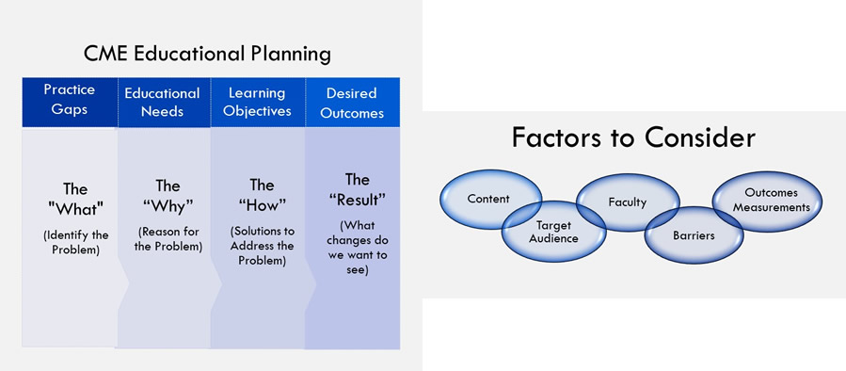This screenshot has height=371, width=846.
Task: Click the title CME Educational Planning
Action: [207, 54]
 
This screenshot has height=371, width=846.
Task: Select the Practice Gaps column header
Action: [70, 102]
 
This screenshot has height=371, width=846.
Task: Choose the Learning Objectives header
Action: [258, 102]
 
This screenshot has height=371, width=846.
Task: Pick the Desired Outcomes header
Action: [352, 102]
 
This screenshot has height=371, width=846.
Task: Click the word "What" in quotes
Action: [75, 209]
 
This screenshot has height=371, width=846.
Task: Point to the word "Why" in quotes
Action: [168, 207]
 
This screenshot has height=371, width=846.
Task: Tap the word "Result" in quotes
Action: [357, 200]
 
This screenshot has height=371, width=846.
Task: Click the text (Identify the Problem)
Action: [75, 243]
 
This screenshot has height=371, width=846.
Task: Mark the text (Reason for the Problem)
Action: [168, 239]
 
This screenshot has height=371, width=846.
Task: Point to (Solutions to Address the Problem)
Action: [262, 246]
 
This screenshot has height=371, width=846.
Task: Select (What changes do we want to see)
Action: [357, 248]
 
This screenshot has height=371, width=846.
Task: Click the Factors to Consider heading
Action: [633, 137]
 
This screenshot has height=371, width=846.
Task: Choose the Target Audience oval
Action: [553, 232]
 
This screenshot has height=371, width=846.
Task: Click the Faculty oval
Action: [628, 202]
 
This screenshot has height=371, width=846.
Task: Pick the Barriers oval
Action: [694, 235]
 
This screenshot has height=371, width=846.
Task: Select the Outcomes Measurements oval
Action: [767, 201]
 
